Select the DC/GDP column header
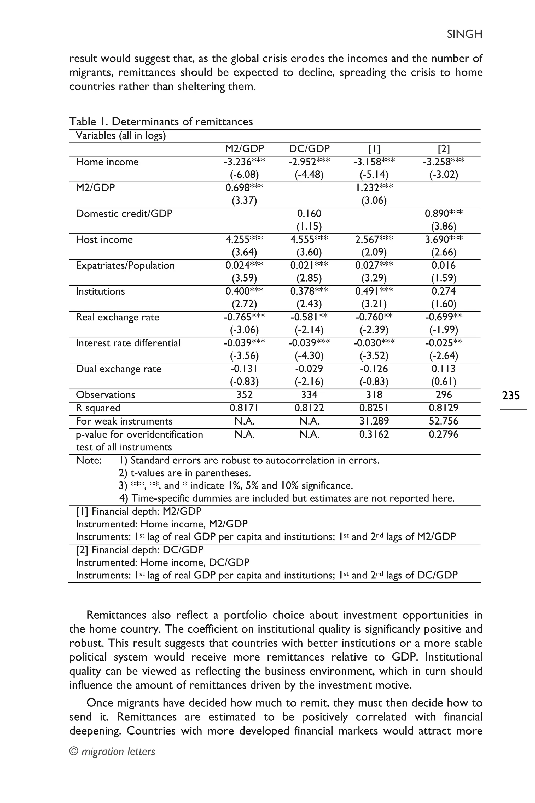(x=309, y=148)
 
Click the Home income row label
(x=107, y=162)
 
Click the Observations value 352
(x=244, y=395)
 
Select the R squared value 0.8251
(x=374, y=408)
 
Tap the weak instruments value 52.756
(x=444, y=421)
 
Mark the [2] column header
(x=444, y=148)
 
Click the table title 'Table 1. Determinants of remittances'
(x=161, y=122)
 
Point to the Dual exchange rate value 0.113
(x=444, y=369)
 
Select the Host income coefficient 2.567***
(x=374, y=239)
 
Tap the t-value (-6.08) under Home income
(x=244, y=175)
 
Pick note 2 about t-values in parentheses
(x=185, y=473)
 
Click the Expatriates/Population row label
(x=125, y=265)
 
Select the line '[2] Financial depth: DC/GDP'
(x=139, y=550)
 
